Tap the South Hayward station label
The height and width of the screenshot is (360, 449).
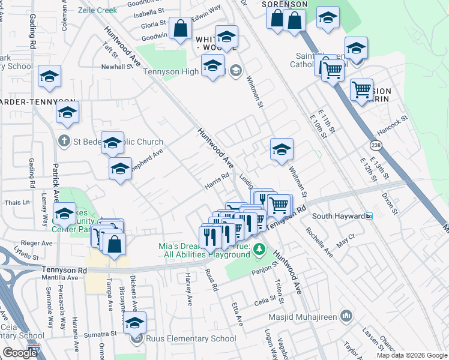pos(339,216)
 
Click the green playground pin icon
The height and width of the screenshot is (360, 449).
pos(259,248)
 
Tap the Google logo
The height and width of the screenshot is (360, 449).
pos(20,353)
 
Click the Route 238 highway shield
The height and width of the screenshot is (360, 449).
pos(376,145)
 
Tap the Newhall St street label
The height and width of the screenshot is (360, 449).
pos(117,67)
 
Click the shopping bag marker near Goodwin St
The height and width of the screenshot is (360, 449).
pos(180,28)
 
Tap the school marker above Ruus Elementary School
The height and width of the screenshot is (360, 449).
pos(135,322)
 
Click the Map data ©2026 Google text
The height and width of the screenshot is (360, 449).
pos(411,355)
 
